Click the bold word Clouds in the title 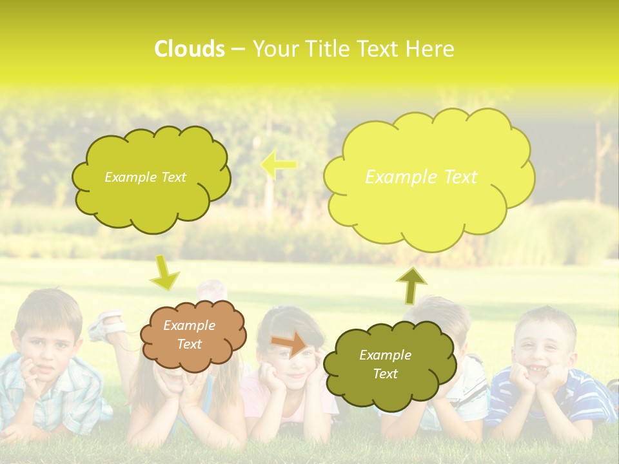[x=190, y=49]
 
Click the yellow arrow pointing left [x=279, y=165]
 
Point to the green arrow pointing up [x=411, y=285]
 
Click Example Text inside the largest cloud [x=421, y=177]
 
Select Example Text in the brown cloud [x=189, y=334]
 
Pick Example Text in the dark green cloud [x=385, y=364]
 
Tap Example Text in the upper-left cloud [x=145, y=177]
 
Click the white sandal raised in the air [x=106, y=325]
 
